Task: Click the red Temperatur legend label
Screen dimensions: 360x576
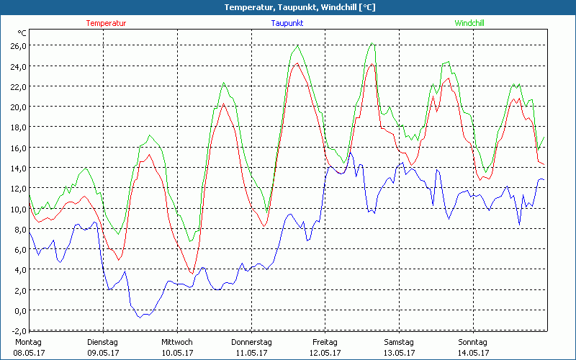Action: coord(106,23)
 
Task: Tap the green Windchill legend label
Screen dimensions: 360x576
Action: coord(469,23)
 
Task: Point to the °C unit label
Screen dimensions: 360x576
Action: coord(22,33)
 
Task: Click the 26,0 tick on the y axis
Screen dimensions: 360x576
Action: coord(17,45)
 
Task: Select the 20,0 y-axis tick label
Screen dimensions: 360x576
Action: coord(17,107)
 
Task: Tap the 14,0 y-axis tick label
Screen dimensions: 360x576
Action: coord(17,168)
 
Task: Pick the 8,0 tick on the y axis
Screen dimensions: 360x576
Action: coord(19,229)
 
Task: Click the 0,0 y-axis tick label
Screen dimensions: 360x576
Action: coord(19,310)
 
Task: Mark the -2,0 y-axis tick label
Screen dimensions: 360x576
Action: coord(18,330)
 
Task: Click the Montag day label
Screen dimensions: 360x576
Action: coord(28,342)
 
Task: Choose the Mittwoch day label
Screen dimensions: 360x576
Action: coord(176,342)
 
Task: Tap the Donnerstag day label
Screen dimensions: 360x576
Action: coord(251,342)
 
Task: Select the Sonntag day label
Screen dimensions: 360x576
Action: coord(472,342)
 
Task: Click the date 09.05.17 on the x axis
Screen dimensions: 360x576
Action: coord(102,353)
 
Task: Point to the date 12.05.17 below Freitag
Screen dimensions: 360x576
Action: coord(325,353)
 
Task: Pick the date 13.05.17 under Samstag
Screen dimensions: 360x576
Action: coord(398,353)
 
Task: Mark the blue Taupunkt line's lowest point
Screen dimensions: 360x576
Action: coord(142,317)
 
